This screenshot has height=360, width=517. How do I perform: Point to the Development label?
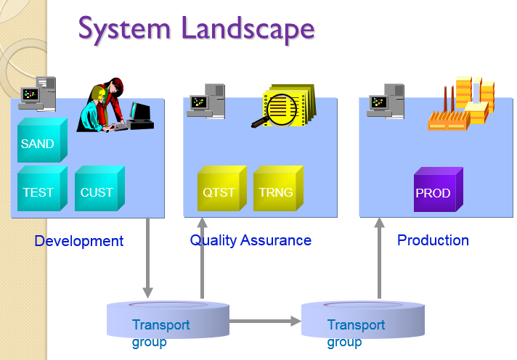tap(79, 241)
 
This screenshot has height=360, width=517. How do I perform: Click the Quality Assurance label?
tap(251, 240)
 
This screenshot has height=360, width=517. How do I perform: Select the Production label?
tap(433, 240)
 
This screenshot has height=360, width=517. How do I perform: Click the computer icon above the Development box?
tap(38, 94)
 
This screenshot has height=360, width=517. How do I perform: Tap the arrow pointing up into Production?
tap(379, 258)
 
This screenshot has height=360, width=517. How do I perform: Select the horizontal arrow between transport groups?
tap(265, 320)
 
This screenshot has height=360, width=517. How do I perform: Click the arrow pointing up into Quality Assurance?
tap(203, 258)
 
